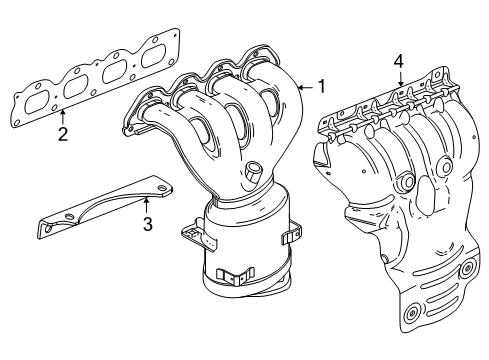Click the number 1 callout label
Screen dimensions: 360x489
pyautogui.click(x=321, y=86)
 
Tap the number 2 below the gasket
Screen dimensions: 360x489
pyautogui.click(x=62, y=133)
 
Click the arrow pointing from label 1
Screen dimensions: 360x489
pyautogui.click(x=305, y=87)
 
